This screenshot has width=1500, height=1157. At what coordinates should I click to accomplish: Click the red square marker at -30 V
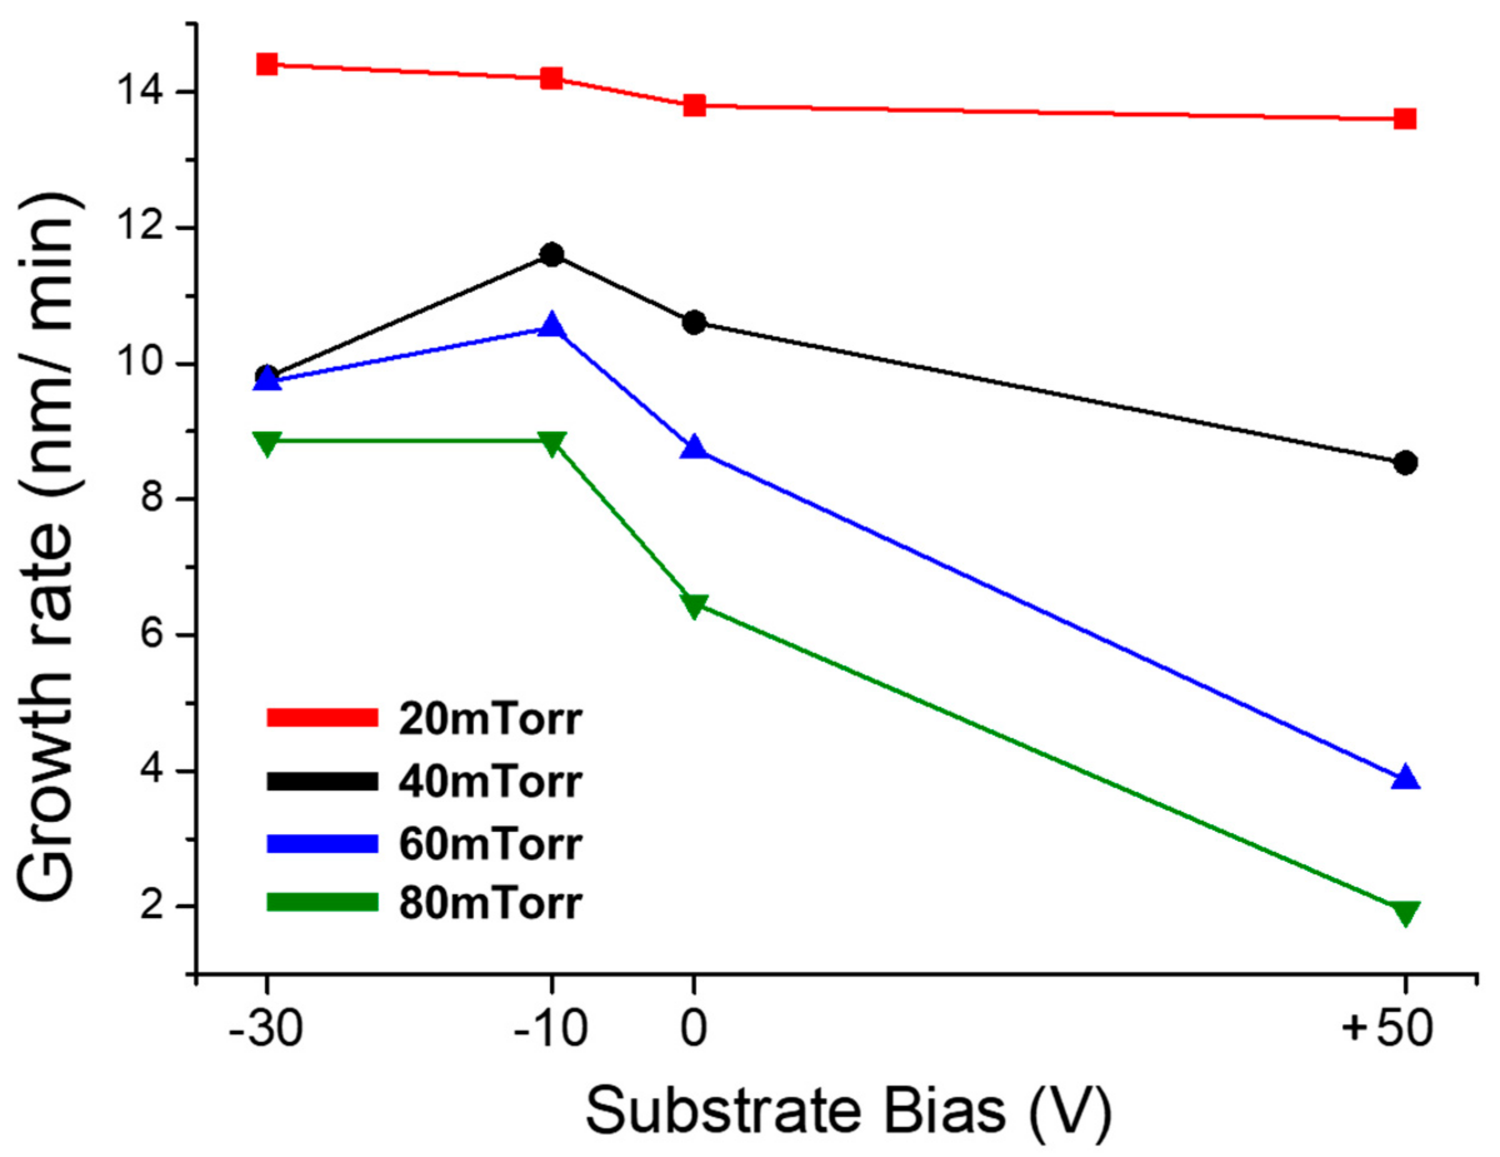266,64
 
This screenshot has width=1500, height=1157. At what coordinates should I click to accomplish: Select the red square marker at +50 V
1405,119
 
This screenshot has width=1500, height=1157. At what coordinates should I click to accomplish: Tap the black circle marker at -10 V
551,255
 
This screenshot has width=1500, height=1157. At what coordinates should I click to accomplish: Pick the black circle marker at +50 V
1405,463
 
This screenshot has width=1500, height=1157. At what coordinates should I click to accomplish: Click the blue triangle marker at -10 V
551,325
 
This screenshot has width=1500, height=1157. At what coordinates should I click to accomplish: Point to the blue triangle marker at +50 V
1405,777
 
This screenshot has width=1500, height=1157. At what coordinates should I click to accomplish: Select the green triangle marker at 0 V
694,605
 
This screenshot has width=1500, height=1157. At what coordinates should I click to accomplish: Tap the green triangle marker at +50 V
1405,913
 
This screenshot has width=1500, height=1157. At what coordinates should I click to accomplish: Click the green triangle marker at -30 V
266,442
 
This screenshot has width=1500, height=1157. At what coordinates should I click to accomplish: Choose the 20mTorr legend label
491,720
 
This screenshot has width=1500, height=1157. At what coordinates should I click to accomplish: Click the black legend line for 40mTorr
322,782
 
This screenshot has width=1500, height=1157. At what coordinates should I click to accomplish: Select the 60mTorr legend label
491,844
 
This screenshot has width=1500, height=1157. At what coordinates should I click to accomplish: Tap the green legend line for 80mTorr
322,902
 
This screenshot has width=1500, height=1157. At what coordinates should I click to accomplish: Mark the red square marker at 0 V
694,105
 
